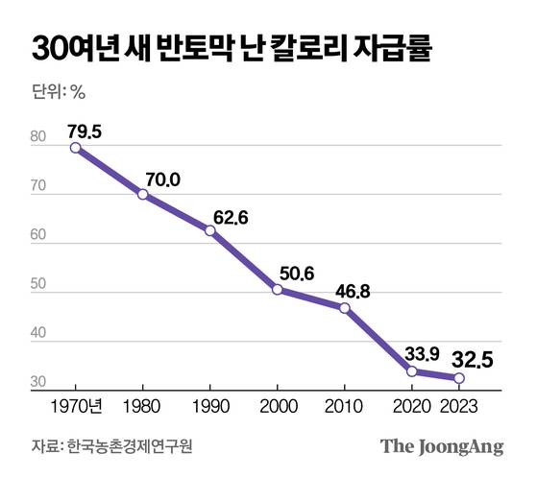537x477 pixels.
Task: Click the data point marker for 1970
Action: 76,147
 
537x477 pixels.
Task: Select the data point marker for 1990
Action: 209,230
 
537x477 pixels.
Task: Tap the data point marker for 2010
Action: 344,307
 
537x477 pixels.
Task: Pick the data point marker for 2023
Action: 458,378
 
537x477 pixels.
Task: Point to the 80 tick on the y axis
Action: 37,139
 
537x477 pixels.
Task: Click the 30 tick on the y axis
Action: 37,383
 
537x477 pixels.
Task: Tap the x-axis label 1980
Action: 143,405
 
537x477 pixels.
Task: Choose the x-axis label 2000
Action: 277,405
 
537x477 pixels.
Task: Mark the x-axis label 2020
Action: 412,405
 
